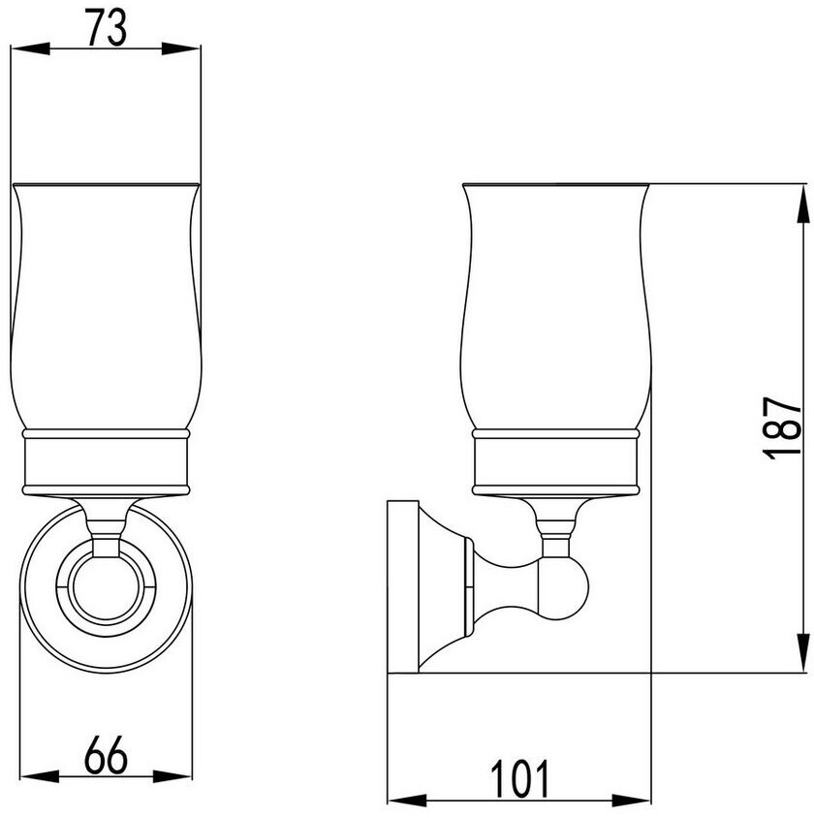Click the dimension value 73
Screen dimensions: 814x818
[106, 28]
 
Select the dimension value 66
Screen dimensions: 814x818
[106, 755]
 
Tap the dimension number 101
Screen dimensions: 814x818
[519, 778]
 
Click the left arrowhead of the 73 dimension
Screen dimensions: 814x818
[30, 49]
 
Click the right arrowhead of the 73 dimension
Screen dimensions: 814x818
[180, 49]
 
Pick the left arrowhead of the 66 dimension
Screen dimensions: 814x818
[40, 776]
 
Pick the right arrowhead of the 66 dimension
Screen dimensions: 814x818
[172, 776]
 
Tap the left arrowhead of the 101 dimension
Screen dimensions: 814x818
[407, 801]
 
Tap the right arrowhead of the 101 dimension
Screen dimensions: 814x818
[631, 801]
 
